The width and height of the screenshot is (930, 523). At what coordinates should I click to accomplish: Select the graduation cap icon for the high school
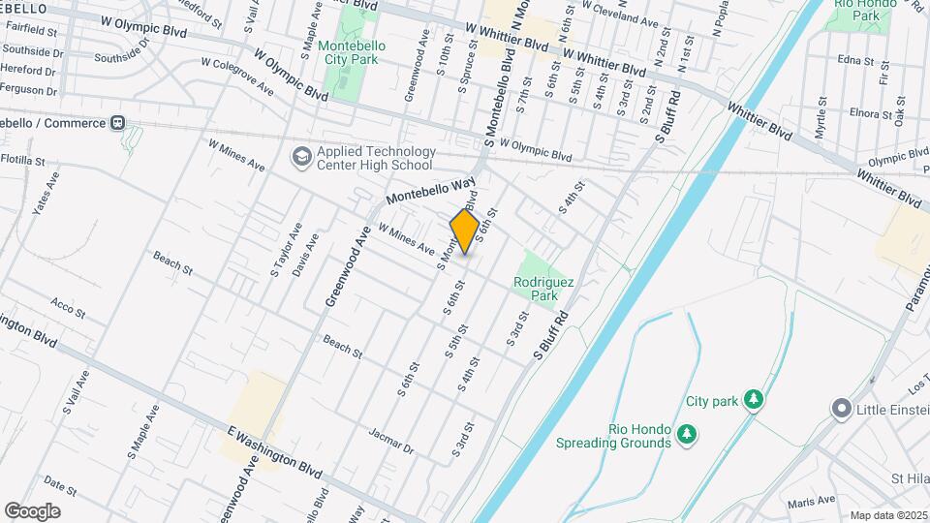pyautogui.click(x=301, y=156)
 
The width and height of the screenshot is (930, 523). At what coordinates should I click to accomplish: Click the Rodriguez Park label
pyautogui.click(x=543, y=288)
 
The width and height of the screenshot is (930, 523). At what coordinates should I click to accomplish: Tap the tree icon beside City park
pyautogui.click(x=753, y=399)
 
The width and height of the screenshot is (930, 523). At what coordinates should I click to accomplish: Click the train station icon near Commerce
pyautogui.click(x=118, y=123)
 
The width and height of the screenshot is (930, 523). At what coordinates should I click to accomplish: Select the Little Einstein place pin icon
pyautogui.click(x=841, y=409)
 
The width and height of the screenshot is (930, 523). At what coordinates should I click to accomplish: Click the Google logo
pyautogui.click(x=32, y=511)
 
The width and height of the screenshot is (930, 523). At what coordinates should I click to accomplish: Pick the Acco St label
pyautogui.click(x=69, y=308)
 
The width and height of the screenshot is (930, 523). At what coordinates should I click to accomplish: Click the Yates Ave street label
pyautogui.click(x=46, y=193)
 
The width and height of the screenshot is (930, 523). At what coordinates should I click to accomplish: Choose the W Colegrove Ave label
pyautogui.click(x=237, y=75)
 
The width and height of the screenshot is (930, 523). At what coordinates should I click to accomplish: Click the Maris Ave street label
pyautogui.click(x=811, y=501)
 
